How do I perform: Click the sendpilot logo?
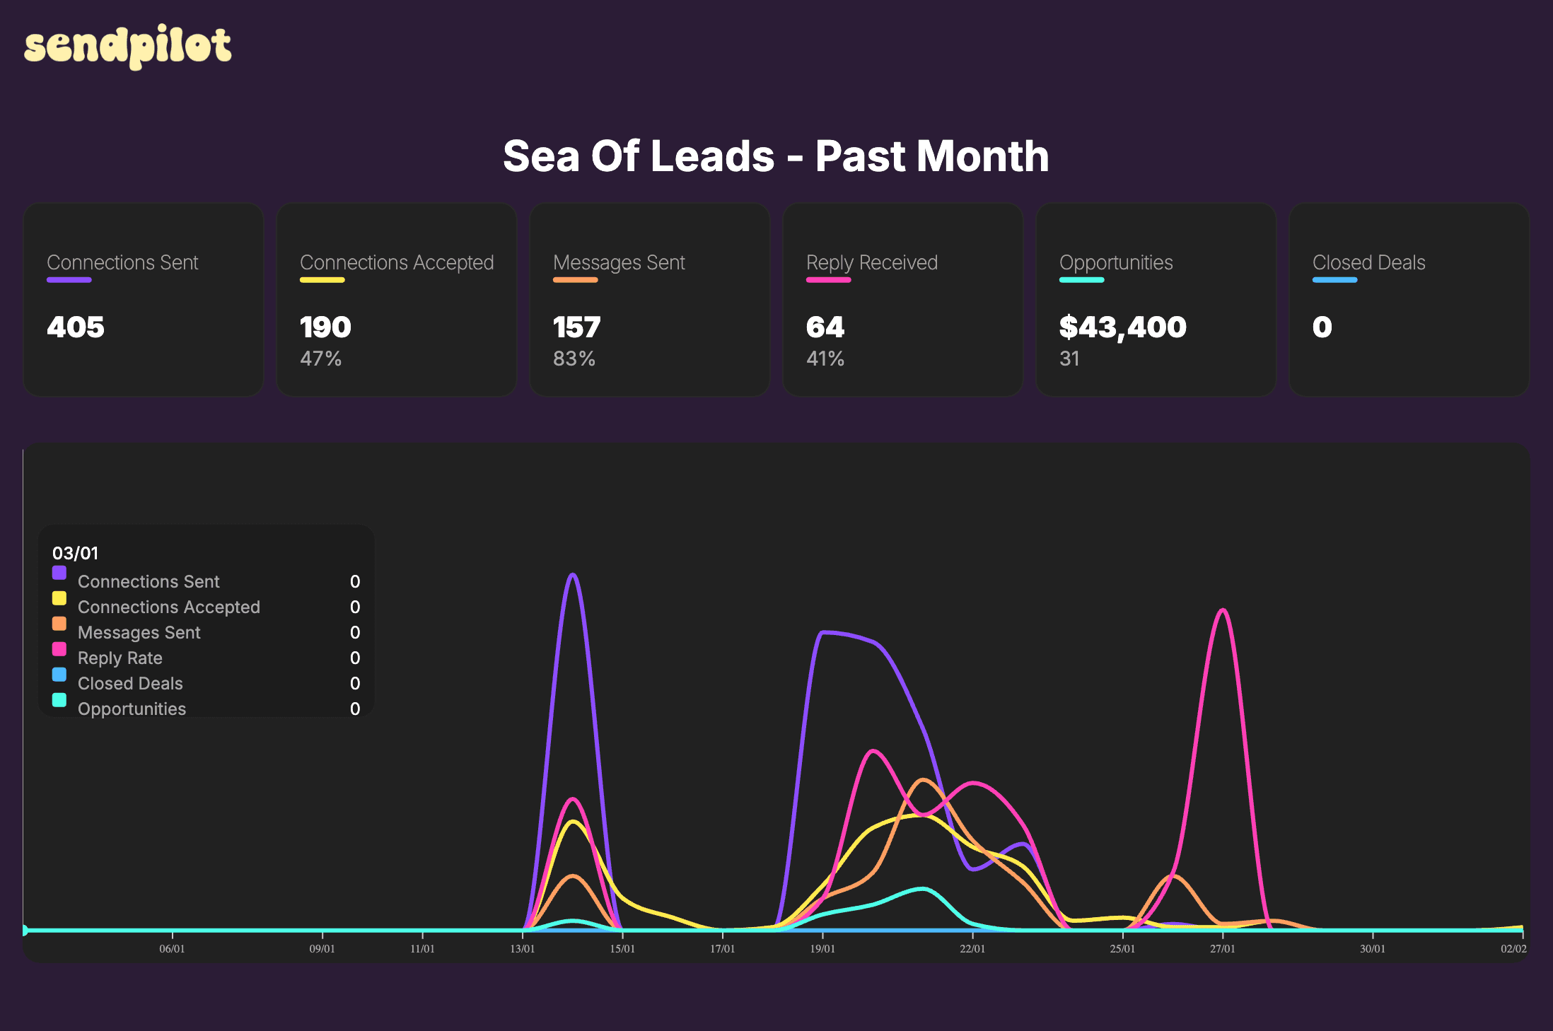[127, 46]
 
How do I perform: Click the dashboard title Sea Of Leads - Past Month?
[776, 156]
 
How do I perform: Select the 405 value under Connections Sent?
[76, 327]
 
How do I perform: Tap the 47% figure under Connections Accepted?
[320, 359]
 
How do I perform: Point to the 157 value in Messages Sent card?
[576, 327]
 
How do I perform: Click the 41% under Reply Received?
[825, 359]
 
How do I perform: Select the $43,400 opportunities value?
[1122, 327]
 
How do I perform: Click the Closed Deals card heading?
[1368, 262]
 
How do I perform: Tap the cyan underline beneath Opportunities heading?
[1081, 280]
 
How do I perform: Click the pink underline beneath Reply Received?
[828, 280]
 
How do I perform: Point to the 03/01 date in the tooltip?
[76, 553]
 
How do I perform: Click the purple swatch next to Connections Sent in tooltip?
[59, 573]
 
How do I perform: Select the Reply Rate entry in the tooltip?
[120, 658]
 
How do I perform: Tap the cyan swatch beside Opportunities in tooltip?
[59, 700]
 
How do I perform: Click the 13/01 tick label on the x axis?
[523, 948]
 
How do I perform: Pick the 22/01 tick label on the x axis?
[972, 948]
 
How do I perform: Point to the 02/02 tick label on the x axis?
[1513, 948]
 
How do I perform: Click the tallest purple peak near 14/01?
[573, 575]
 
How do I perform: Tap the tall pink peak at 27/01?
[1223, 611]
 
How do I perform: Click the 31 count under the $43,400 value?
[1069, 359]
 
